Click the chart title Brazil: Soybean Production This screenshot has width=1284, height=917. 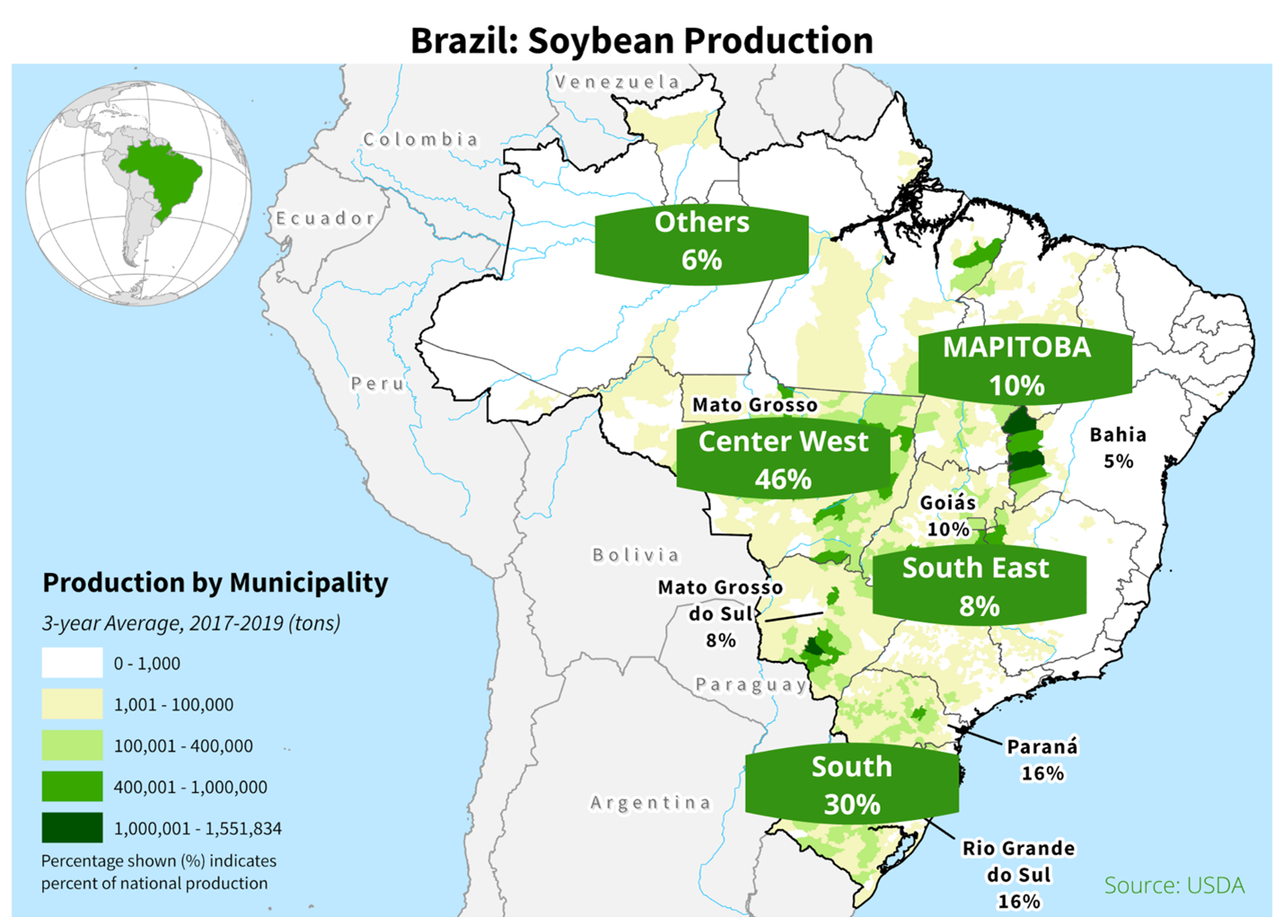click(x=641, y=40)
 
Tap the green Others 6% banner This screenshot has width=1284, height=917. click(x=701, y=241)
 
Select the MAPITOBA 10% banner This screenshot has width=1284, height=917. click(x=1016, y=366)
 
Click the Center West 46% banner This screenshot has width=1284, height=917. click(x=783, y=460)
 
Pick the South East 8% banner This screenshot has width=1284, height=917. click(x=977, y=586)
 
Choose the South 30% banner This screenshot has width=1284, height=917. click(x=851, y=785)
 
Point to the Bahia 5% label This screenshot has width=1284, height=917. click(x=1118, y=447)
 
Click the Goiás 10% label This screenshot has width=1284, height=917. click(x=948, y=516)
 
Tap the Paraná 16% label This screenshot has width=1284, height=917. click(x=1042, y=760)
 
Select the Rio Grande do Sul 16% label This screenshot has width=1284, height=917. click(x=1018, y=874)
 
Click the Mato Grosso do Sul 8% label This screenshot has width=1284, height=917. click(x=720, y=613)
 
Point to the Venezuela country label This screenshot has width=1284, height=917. click(x=618, y=82)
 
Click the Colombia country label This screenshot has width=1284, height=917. click(x=420, y=139)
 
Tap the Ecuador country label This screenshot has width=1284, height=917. click(x=324, y=218)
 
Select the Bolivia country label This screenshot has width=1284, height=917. click(x=636, y=555)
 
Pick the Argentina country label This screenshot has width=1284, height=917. click(x=650, y=803)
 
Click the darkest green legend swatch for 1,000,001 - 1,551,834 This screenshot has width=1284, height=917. click(x=72, y=827)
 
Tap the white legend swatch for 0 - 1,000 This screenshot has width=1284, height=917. click(x=72, y=663)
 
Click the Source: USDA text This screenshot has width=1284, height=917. click(x=1174, y=886)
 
